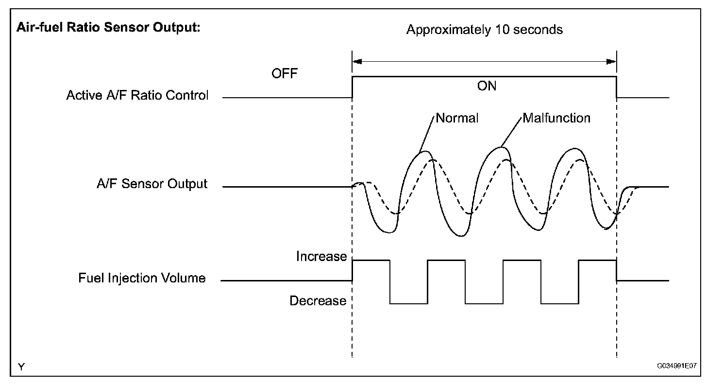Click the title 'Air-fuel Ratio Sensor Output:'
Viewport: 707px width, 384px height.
[x=109, y=28]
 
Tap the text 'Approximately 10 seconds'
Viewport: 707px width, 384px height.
[x=485, y=30]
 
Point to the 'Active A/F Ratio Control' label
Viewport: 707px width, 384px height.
[x=137, y=95]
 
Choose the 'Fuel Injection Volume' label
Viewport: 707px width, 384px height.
[x=142, y=279]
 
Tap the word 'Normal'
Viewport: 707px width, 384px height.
[x=457, y=118]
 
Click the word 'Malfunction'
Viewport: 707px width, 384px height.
[x=556, y=118]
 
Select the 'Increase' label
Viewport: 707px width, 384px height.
[x=321, y=257]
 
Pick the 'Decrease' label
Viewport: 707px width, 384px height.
[x=318, y=301]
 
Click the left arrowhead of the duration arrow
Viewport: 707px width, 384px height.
[x=357, y=62]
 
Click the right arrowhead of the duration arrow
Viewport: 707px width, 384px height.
[x=611, y=62]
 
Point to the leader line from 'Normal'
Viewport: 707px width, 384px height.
[x=427, y=133]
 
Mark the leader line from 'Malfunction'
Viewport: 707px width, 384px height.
[x=512, y=131]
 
